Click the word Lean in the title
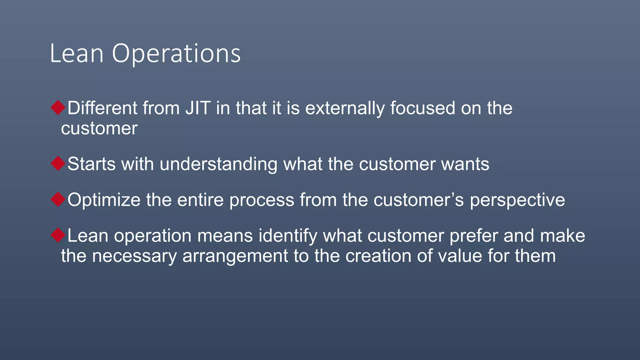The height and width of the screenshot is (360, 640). [x=77, y=54]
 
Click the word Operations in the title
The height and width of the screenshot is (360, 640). [x=176, y=54]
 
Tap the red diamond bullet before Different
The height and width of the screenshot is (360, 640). [x=58, y=107]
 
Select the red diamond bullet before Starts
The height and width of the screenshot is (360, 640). [x=58, y=163]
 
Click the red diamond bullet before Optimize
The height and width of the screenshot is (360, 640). [x=58, y=199]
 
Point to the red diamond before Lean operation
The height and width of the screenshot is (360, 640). [x=58, y=235]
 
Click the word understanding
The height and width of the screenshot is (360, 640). [x=218, y=164]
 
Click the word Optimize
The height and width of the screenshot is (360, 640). [x=104, y=200]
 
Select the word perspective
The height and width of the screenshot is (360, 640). [x=517, y=200]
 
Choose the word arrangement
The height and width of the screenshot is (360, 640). [x=235, y=256]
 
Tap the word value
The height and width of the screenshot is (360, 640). [x=460, y=256]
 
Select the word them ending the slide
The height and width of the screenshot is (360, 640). [x=535, y=256]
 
